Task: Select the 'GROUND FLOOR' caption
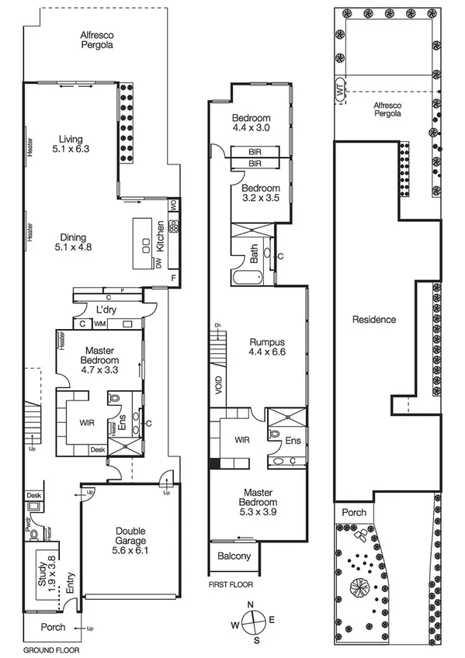[51, 649]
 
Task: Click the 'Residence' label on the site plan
[374, 319]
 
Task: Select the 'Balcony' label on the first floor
[234, 556]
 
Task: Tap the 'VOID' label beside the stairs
[219, 386]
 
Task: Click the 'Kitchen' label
[161, 235]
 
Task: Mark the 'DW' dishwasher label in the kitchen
[158, 264]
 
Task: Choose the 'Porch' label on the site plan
[353, 512]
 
